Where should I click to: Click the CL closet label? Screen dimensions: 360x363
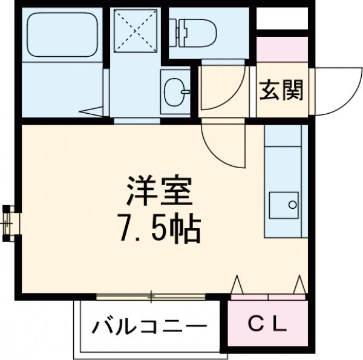point(267,326)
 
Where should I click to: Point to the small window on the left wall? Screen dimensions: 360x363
point(10,223)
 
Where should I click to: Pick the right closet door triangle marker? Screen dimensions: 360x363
point(299,284)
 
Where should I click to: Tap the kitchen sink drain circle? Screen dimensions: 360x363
point(293,205)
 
